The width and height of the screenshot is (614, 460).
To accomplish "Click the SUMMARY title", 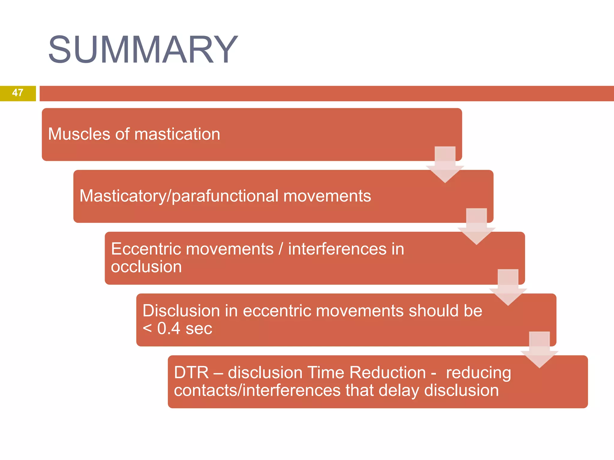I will [x=143, y=49].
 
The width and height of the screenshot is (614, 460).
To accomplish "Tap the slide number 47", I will [x=18, y=93].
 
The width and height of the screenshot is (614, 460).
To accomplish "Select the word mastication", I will [x=177, y=134].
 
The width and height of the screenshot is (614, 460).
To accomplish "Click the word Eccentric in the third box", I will [x=148, y=249].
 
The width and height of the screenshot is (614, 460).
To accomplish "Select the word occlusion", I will [x=146, y=267].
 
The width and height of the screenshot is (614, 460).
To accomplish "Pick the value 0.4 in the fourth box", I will [x=168, y=329].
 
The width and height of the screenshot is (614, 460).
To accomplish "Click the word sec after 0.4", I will [x=199, y=329].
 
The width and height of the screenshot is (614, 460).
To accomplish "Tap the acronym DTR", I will [x=191, y=373].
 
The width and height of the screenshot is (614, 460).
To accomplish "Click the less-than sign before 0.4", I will [x=147, y=329].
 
